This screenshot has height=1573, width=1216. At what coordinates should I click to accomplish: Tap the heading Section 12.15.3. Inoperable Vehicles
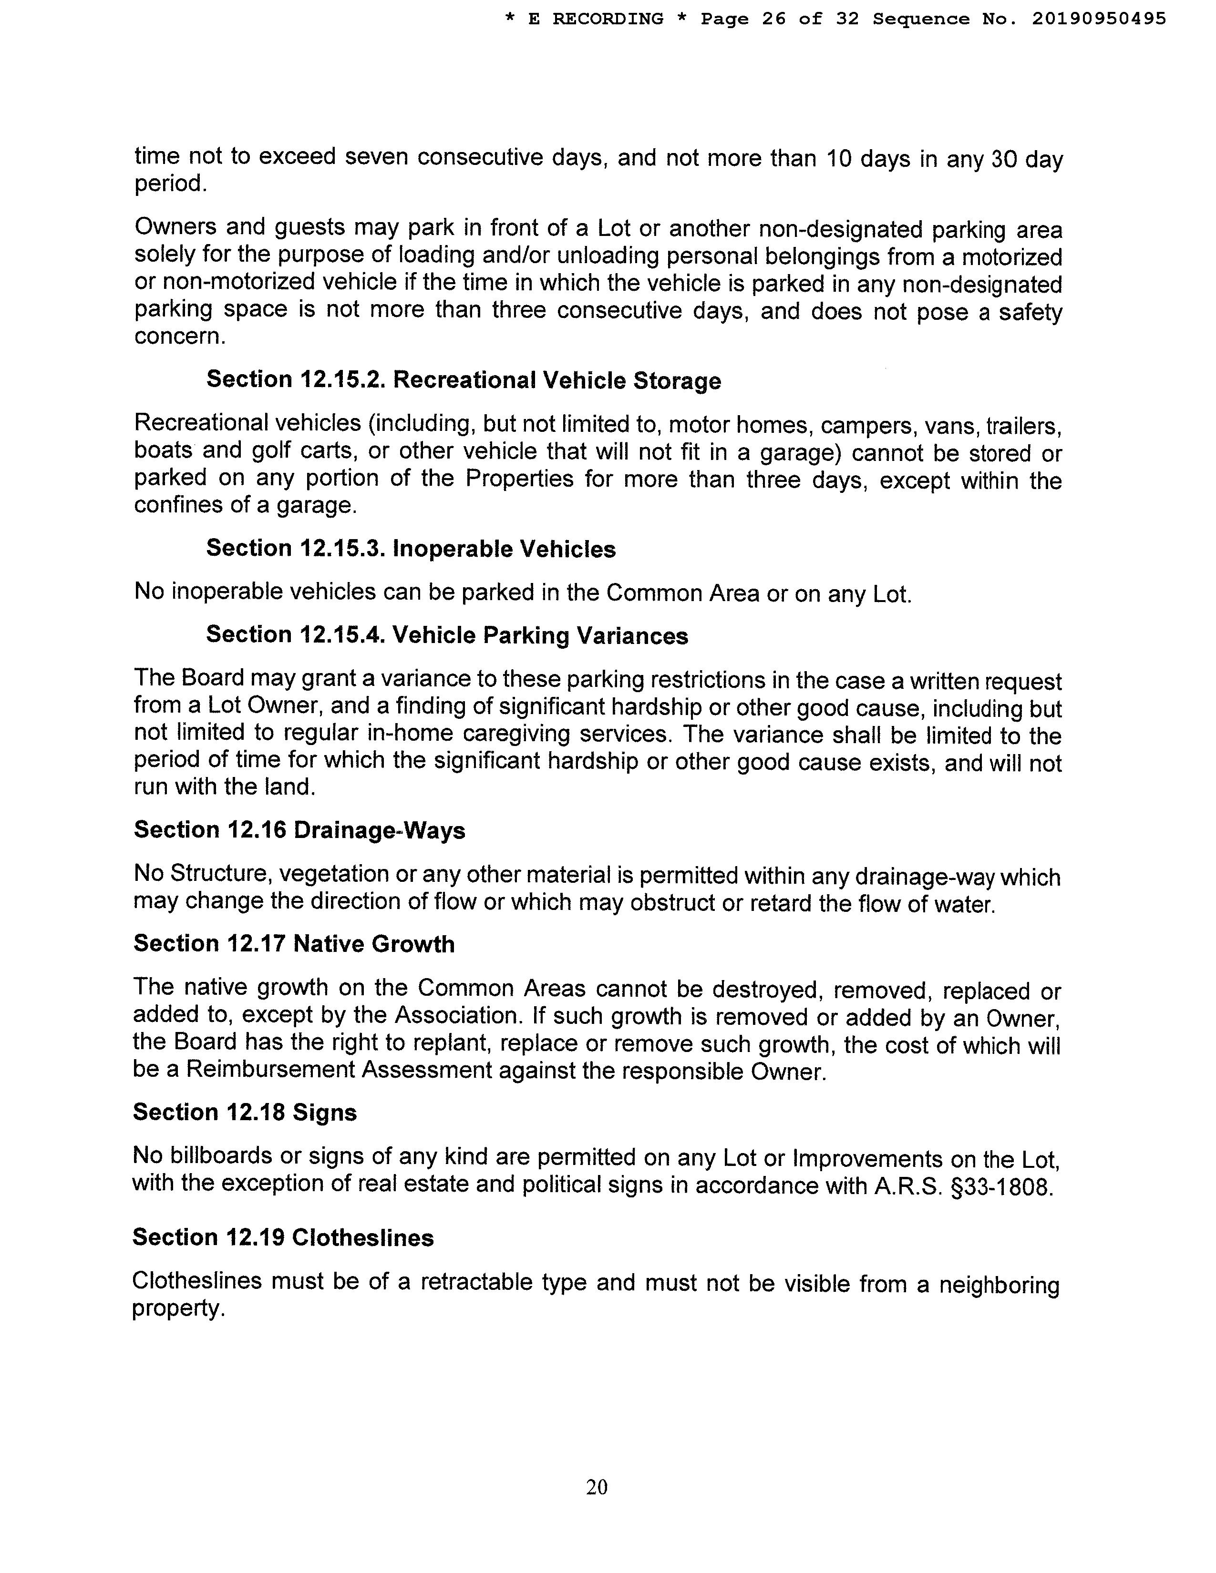[411, 548]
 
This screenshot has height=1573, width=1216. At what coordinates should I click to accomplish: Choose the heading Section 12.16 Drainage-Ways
[299, 830]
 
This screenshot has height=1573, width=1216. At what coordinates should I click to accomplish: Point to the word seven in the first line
[375, 157]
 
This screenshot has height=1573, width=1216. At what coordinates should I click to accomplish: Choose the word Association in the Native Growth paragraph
[455, 1015]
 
